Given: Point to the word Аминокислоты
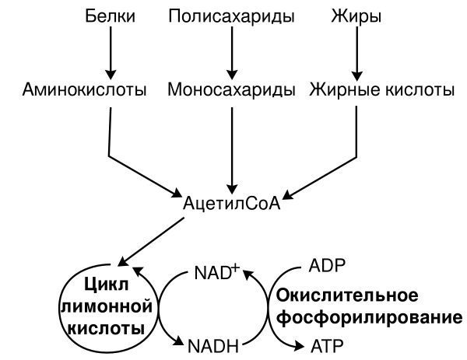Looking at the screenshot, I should click(x=85, y=91).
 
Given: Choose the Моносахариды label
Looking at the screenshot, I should click(x=231, y=91).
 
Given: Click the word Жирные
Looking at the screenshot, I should click(x=339, y=91).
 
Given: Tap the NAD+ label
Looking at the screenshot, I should click(x=216, y=274).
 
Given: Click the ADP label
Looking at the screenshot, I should click(x=327, y=265).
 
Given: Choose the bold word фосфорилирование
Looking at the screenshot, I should click(x=365, y=316).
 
